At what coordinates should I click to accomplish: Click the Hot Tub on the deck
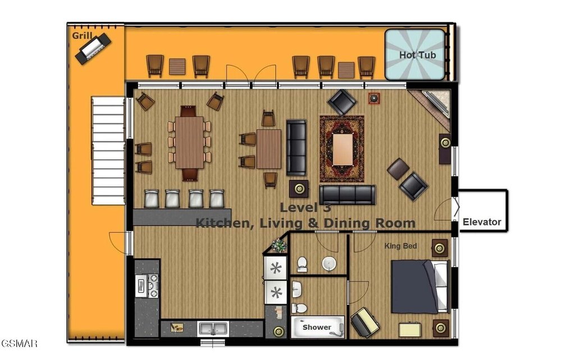point(415,54)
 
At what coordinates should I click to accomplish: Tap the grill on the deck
point(93,48)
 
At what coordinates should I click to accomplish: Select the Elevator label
point(482,222)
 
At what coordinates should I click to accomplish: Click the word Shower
point(317,327)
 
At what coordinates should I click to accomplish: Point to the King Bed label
point(400,245)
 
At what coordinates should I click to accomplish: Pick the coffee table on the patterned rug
point(343,149)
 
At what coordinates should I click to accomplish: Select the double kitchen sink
point(213,329)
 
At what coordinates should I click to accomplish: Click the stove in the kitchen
point(147,285)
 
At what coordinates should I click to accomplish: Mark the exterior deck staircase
point(108,151)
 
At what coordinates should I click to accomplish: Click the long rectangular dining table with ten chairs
point(189,142)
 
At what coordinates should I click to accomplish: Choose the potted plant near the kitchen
point(280,245)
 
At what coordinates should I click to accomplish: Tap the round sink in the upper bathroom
point(329,263)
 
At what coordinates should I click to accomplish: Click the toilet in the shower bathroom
point(300,308)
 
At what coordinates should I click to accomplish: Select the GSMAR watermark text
point(19,344)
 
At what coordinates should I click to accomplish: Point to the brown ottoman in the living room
point(398,168)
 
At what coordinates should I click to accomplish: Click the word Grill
point(82,35)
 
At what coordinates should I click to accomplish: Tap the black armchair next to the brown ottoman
point(413,186)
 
